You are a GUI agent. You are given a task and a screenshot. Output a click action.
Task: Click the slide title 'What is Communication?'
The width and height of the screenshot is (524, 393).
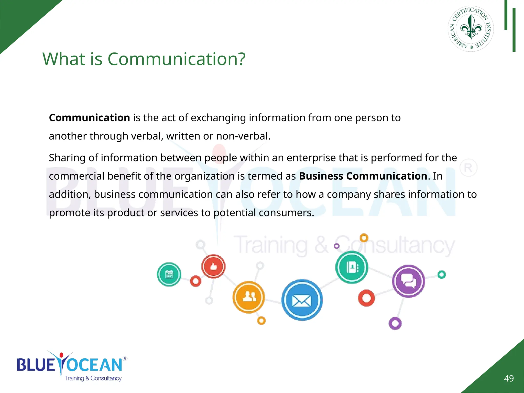[144, 59]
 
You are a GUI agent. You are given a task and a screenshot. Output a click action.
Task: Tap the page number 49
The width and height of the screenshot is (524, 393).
[509, 378]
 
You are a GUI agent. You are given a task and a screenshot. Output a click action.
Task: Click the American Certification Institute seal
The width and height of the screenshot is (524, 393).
[471, 29]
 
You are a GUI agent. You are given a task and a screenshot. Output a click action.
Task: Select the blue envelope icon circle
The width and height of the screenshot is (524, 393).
[302, 300]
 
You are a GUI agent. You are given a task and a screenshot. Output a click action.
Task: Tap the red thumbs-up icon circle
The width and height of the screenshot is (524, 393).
[213, 267]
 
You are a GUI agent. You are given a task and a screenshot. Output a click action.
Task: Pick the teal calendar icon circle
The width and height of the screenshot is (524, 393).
[169, 274]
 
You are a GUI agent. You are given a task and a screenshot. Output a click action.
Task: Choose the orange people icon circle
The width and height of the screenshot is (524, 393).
[249, 297]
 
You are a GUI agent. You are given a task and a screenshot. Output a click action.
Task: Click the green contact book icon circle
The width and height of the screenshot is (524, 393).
[352, 267]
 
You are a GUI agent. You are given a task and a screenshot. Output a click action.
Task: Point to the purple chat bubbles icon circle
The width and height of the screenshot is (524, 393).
[408, 281]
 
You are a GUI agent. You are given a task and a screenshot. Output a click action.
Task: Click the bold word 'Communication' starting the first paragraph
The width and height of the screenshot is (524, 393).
[90, 118]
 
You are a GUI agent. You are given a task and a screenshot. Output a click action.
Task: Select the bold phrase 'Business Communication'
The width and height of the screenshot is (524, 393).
[363, 176]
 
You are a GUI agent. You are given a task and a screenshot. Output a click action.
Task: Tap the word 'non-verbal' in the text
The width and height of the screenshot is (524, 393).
[243, 136]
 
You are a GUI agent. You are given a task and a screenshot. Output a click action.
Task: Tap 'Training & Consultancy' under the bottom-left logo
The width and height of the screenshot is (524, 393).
[93, 378]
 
